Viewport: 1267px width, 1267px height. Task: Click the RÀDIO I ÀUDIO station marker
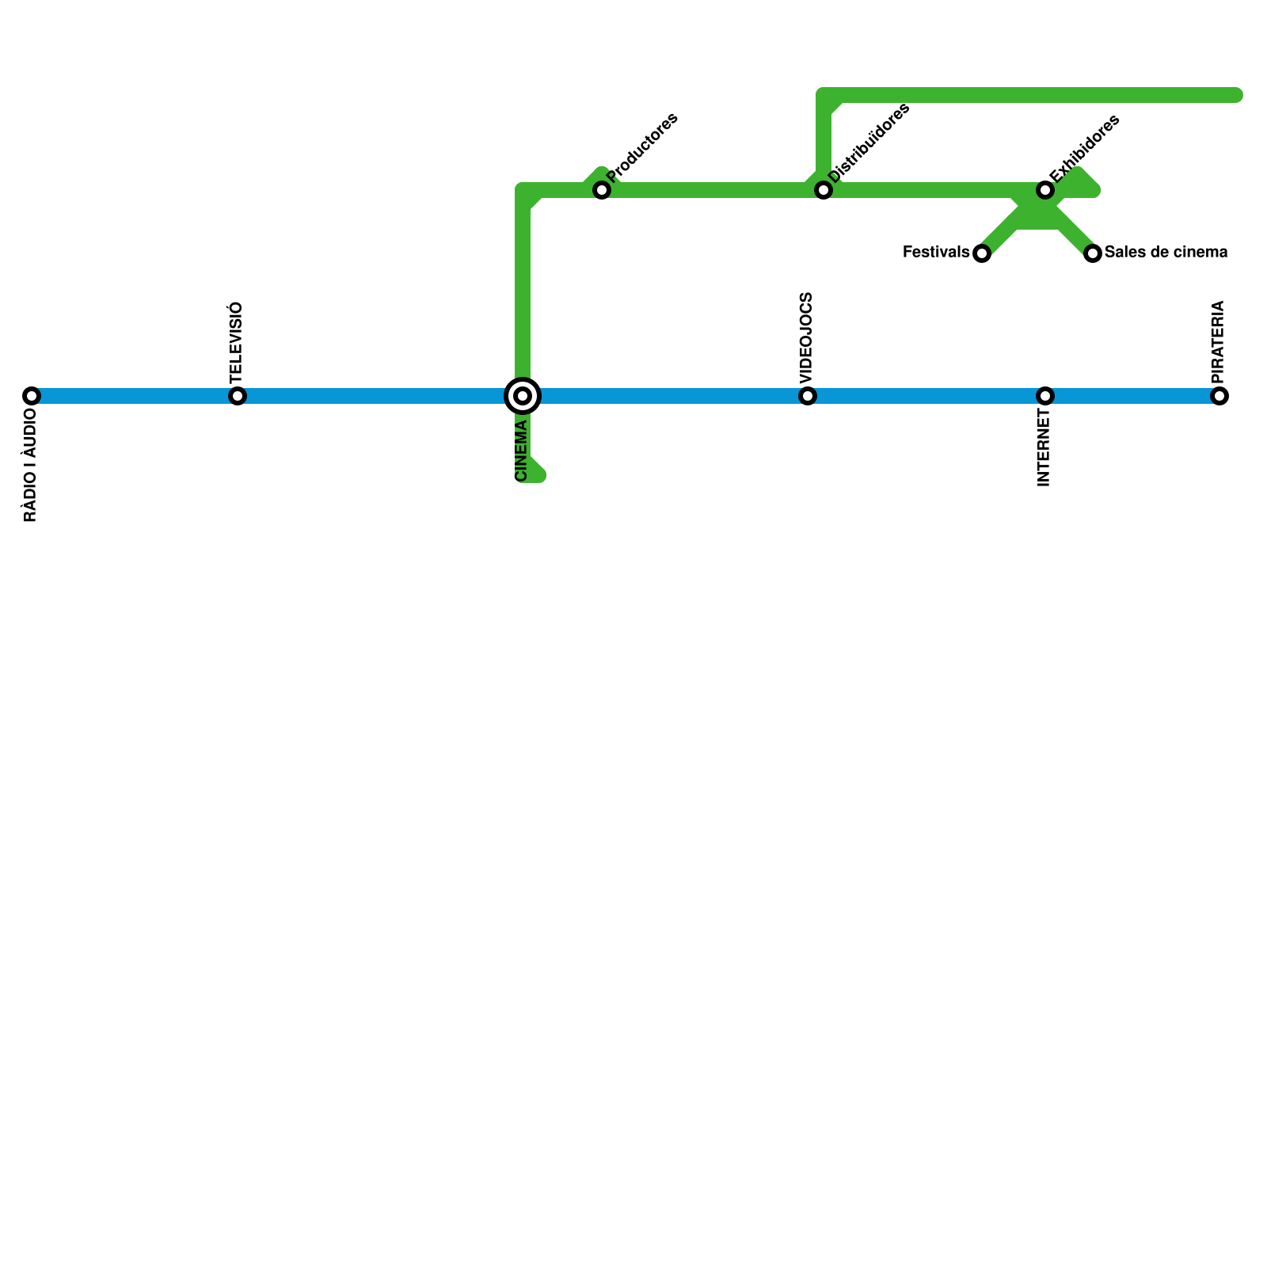pyautogui.click(x=32, y=396)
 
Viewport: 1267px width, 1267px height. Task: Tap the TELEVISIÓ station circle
pyautogui.click(x=238, y=396)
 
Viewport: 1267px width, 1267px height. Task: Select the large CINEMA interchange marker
pyautogui.click(x=523, y=396)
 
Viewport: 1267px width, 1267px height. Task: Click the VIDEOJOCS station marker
pyautogui.click(x=808, y=396)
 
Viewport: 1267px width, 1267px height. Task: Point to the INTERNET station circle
pyautogui.click(x=1045, y=396)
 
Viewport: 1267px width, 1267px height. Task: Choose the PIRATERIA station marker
pyautogui.click(x=1219, y=396)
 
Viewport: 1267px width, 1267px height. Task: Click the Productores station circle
pyautogui.click(x=602, y=190)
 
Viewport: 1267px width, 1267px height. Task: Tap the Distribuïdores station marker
pyautogui.click(x=824, y=190)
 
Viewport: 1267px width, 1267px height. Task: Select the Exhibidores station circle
pyautogui.click(x=1045, y=190)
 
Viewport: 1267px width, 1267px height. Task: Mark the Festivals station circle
pyautogui.click(x=982, y=253)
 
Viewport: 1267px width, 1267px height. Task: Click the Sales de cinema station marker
pyautogui.click(x=1093, y=253)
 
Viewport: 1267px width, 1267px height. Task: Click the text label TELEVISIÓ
pyautogui.click(x=236, y=341)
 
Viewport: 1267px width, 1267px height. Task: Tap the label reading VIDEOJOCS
pyautogui.click(x=806, y=338)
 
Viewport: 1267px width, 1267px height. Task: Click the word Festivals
pyautogui.click(x=936, y=253)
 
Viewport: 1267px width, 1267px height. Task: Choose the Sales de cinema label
pyautogui.click(x=1166, y=253)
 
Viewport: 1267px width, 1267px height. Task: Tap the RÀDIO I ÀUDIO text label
pyautogui.click(x=30, y=470)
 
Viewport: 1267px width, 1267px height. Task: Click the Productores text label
pyautogui.click(x=642, y=148)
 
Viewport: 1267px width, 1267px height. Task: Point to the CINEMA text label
pyautogui.click(x=521, y=451)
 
